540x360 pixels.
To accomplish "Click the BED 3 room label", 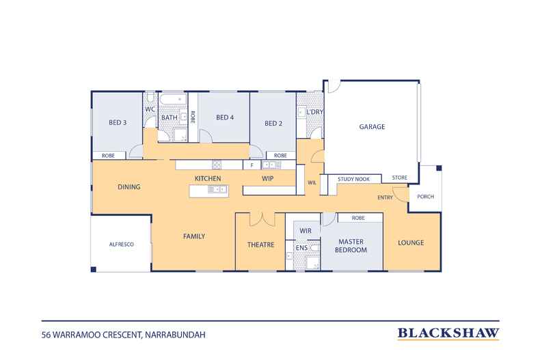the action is coord(118,122).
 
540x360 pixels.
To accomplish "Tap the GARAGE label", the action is coord(372,126).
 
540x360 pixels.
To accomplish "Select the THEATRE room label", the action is coord(260,245).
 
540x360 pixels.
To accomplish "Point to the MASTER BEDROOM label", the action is coord(351,246).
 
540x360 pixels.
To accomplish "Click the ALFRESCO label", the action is coord(121,245).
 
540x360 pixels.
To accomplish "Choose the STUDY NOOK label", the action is coord(353,179).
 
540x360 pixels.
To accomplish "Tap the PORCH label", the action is coord(425,197).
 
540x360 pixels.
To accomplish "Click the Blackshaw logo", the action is coord(448,333).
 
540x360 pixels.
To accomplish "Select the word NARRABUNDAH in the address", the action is coord(175,335).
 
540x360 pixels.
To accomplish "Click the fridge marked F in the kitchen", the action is coord(252,165).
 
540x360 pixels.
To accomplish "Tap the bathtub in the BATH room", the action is coord(173,99).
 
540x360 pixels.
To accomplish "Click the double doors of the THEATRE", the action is coord(262,219).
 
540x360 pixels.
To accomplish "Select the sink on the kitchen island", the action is coord(217,189).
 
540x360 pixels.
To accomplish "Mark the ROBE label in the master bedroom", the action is coord(358,218).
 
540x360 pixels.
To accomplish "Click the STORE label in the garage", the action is coord(399,178).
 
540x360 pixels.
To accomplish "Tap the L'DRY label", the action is coord(314,112).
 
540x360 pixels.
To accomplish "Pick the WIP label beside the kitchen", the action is coord(267,178).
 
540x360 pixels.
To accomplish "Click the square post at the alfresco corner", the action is coord(94,269).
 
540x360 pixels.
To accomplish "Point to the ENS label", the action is coord(301,248).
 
